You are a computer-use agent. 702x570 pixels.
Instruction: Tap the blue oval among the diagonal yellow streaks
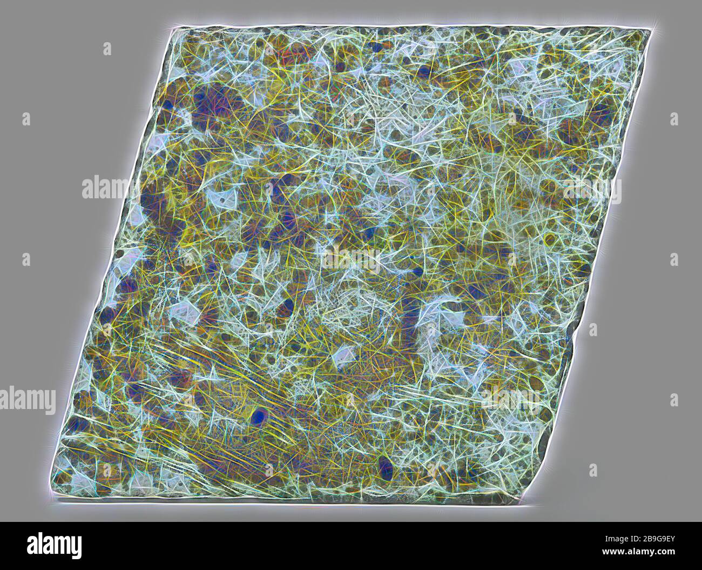coord(260,416)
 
